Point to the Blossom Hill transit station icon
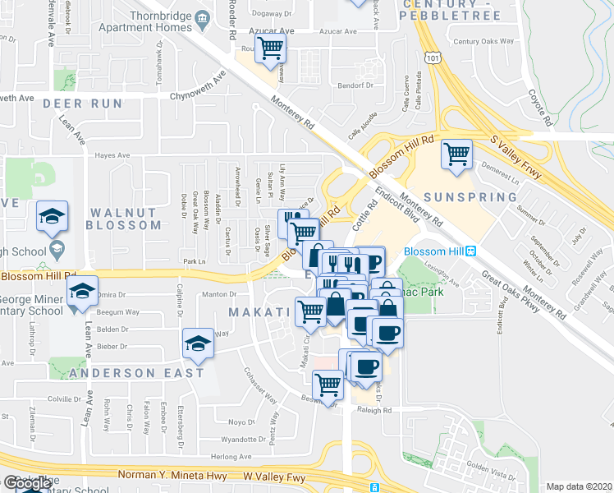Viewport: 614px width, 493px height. coord(472,251)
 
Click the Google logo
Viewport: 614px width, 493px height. coord(26,483)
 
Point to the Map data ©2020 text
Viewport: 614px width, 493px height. coord(579,486)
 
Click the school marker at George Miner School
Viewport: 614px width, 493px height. coord(82,291)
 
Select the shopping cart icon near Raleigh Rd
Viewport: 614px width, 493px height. coord(328,384)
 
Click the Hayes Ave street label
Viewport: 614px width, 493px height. coord(112,154)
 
